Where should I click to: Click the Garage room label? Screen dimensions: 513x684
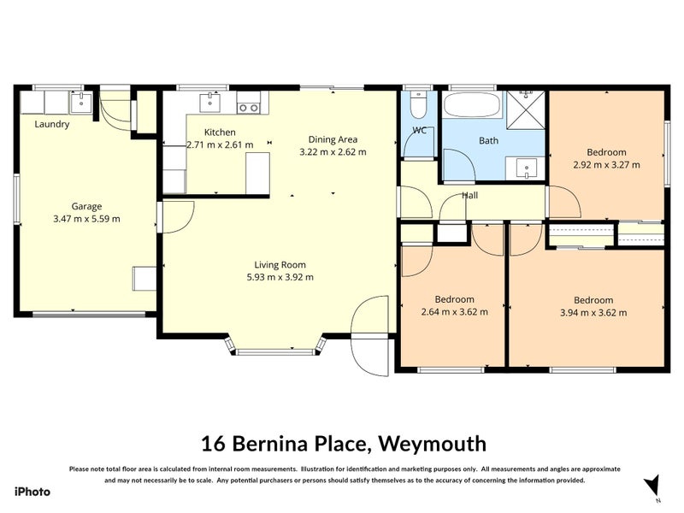pyautogui.click(x=86, y=206)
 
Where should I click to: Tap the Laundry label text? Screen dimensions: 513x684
pyautogui.click(x=52, y=124)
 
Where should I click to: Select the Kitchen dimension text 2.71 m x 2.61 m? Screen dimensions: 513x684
pyautogui.click(x=220, y=144)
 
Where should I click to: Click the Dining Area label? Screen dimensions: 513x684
pyautogui.click(x=333, y=139)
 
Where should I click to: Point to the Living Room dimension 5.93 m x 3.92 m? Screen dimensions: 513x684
pyautogui.click(x=280, y=277)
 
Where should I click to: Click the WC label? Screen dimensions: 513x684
pyautogui.click(x=419, y=131)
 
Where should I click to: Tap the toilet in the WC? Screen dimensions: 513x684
pyautogui.click(x=418, y=106)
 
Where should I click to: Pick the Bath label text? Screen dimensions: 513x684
pyautogui.click(x=488, y=140)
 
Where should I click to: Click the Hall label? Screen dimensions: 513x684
pyautogui.click(x=470, y=196)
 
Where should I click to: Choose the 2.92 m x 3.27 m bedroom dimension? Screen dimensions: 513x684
pyautogui.click(x=606, y=165)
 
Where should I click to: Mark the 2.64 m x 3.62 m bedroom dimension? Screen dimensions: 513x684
pyautogui.click(x=454, y=312)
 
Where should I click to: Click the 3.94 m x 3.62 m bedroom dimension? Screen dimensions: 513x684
pyautogui.click(x=593, y=312)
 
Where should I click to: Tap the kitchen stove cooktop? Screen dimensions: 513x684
pyautogui.click(x=248, y=107)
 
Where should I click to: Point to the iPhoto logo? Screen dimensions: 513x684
pyautogui.click(x=32, y=492)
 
